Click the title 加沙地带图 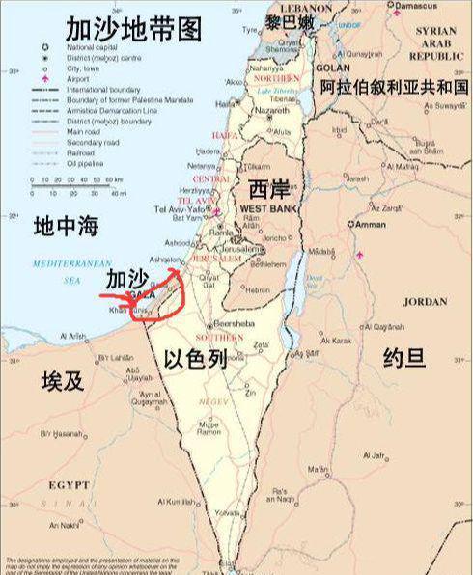coord(134,28)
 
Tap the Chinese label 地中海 coord(67,227)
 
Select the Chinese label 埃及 coord(63,379)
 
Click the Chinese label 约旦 coord(403,358)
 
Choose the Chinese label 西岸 coord(267,188)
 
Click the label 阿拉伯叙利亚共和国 coord(393,87)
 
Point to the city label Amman coord(373,224)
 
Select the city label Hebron coord(256,288)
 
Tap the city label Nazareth coord(271,111)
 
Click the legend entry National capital coord(93,46)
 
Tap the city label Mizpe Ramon coord(209,428)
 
